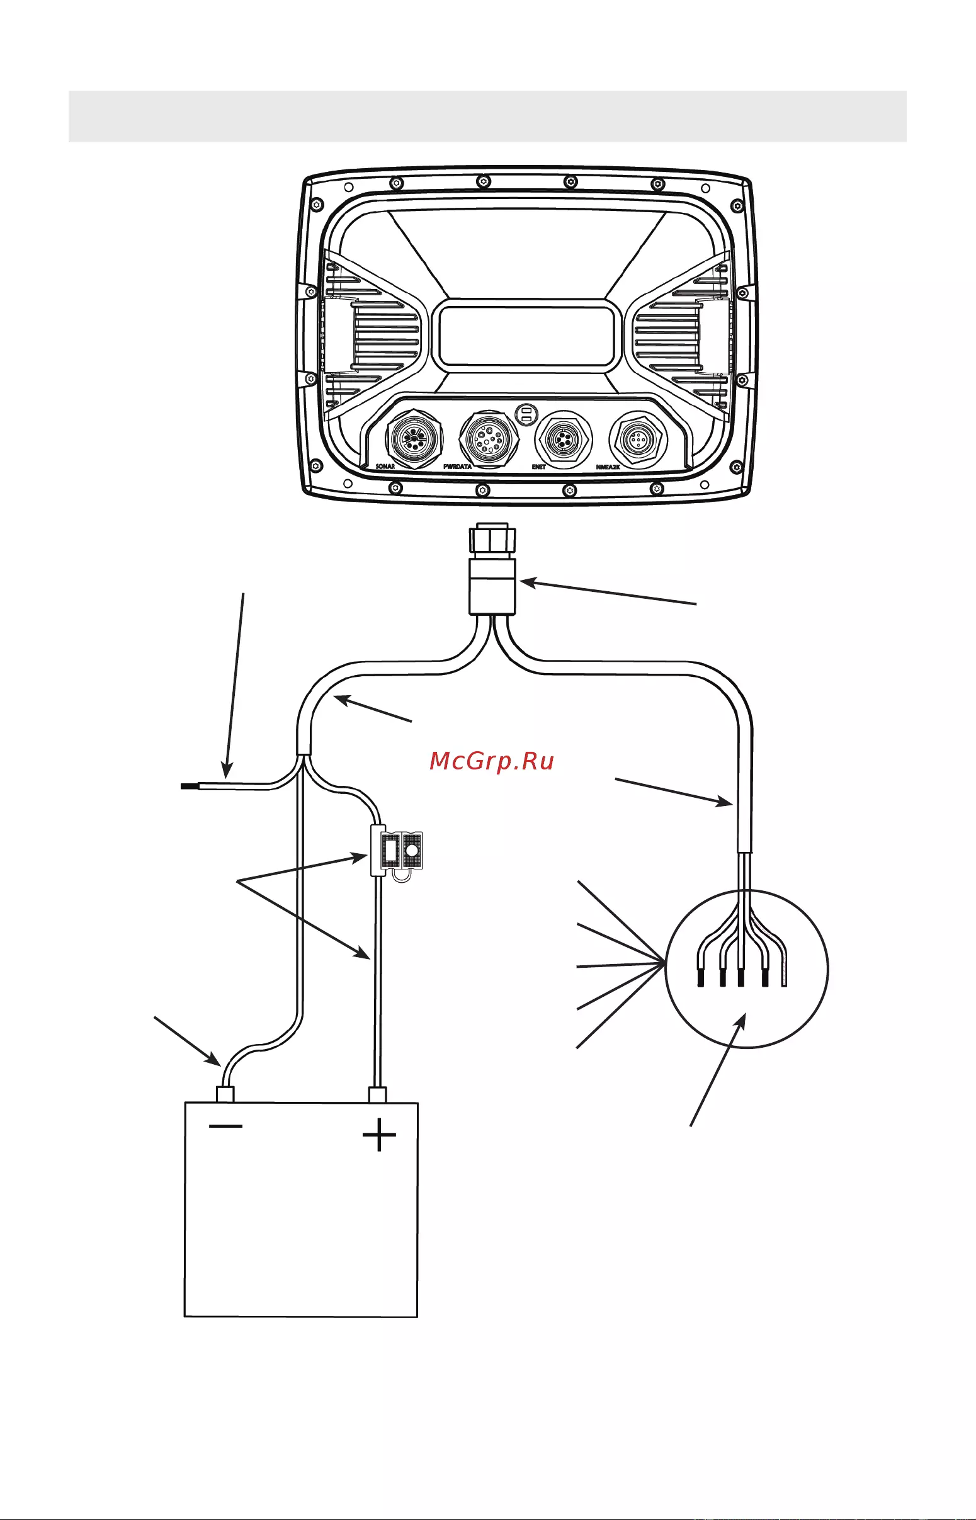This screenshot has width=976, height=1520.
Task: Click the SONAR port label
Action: (385, 467)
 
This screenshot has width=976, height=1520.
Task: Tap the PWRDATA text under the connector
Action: (457, 467)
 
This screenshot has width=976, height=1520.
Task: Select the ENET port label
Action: (538, 467)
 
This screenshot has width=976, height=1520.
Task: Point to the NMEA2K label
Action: (608, 467)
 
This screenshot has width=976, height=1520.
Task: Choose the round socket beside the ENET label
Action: (564, 438)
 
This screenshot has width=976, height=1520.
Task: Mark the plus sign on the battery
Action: (379, 1134)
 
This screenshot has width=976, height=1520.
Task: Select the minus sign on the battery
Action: (225, 1126)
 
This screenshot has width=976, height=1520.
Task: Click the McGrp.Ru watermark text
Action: (492, 761)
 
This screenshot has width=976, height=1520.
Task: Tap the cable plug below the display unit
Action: (492, 569)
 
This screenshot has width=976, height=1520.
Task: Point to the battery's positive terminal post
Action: (377, 1094)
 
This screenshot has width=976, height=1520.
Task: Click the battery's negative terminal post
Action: (225, 1094)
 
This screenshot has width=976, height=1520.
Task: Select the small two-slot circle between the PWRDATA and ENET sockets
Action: (525, 415)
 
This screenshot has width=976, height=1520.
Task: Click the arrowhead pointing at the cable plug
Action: (528, 582)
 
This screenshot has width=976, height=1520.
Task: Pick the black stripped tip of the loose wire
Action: (190, 786)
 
